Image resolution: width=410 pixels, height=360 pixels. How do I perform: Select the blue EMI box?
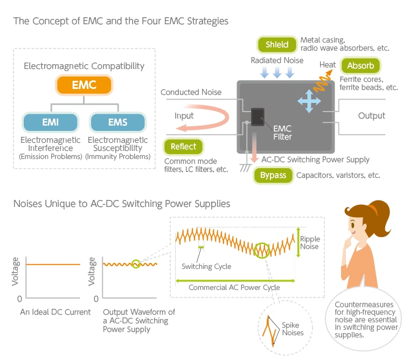click(x=50, y=122)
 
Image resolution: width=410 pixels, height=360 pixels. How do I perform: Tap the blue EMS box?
click(x=118, y=122)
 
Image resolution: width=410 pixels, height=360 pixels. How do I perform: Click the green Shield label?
click(x=277, y=44)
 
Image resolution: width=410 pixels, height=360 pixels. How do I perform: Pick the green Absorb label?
click(x=360, y=66)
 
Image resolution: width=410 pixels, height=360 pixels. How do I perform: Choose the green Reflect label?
click(x=183, y=146)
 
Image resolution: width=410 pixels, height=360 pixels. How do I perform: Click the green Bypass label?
click(x=273, y=175)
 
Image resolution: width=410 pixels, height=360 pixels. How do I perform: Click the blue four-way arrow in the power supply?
click(x=309, y=101)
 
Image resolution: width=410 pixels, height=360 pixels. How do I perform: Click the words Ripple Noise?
click(x=310, y=243)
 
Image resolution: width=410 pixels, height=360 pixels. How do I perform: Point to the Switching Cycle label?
click(x=206, y=266)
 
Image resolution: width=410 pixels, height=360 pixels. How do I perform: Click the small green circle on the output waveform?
click(x=135, y=264)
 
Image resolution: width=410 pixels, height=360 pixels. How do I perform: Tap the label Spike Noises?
click(x=293, y=329)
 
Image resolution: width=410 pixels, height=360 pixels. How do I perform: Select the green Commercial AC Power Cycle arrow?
click(x=235, y=280)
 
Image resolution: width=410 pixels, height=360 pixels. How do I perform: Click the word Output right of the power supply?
click(x=371, y=115)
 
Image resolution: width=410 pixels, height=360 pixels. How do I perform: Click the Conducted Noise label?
click(x=191, y=92)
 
